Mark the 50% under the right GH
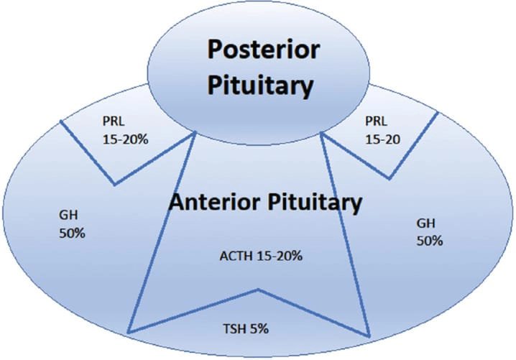(429, 241)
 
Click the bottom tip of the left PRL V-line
(114, 185)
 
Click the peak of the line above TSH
(257, 290)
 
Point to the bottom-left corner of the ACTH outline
(129, 331)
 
